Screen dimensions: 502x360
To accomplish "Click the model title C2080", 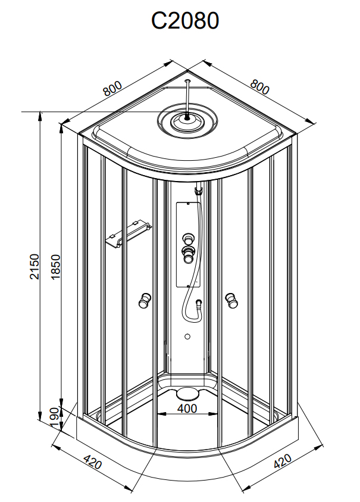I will pos(185,21).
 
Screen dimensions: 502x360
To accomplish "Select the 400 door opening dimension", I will pos(187,409).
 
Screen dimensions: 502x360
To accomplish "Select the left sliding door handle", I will pos(145,301).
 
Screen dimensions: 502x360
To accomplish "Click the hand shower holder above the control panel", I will pos(199,191).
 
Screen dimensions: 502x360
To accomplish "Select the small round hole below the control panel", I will pos(188,337).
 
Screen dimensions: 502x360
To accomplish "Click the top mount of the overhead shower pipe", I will pos(188,82).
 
